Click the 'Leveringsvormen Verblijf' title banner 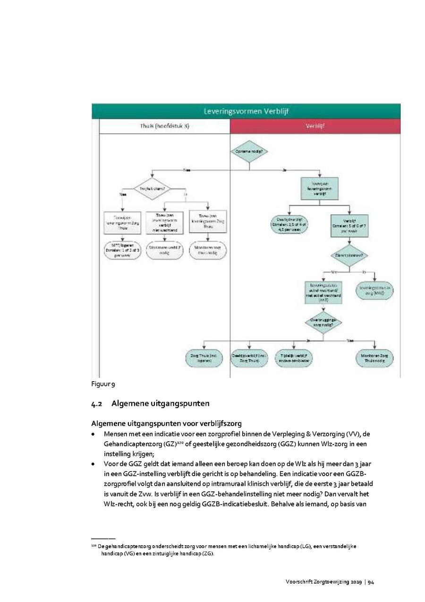click(x=246, y=112)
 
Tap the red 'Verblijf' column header click(x=315, y=127)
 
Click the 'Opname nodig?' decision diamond click(x=249, y=151)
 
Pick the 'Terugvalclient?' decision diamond click(x=152, y=189)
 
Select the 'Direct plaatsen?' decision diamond click(x=349, y=255)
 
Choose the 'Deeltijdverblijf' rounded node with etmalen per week click(x=289, y=225)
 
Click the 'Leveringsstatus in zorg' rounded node click(x=376, y=290)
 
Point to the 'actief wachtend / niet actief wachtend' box click(x=323, y=293)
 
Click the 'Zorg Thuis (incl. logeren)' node click(x=204, y=358)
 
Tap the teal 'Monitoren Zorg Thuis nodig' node click(x=374, y=358)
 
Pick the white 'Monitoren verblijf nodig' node click(x=164, y=251)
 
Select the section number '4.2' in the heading click(x=97, y=404)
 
